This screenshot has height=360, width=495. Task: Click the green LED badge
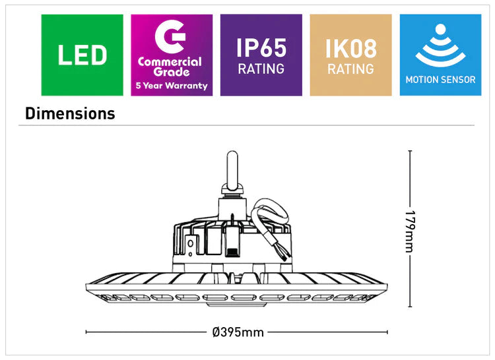[82, 55]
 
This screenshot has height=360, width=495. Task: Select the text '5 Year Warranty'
[172, 86]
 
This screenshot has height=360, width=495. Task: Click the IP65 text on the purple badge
[261, 47]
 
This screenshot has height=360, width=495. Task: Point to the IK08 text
[350, 47]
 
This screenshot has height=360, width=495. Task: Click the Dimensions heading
[70, 113]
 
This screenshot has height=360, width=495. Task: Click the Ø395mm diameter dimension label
[238, 332]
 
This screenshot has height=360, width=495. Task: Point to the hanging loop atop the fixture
[232, 168]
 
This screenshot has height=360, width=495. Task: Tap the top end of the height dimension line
[410, 151]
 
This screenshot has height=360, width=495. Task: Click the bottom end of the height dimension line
[410, 307]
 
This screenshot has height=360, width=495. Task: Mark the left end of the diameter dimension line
[86, 332]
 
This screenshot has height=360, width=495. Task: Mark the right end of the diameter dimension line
[387, 332]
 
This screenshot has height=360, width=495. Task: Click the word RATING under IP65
[261, 69]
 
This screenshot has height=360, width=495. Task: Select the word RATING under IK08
[350, 69]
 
